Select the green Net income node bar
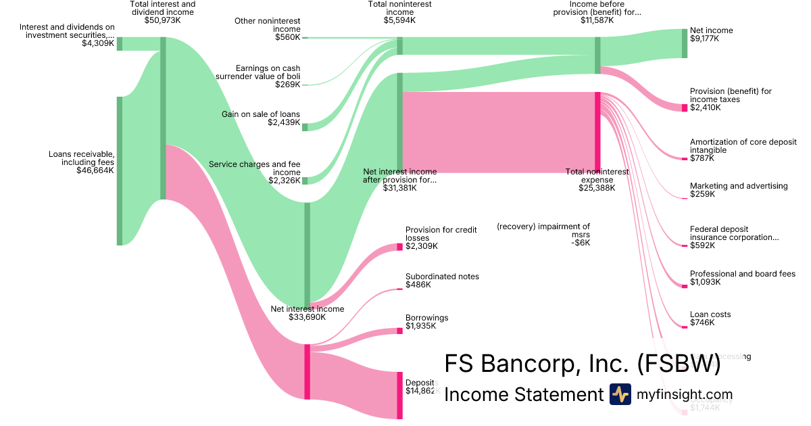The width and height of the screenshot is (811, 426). [684, 43]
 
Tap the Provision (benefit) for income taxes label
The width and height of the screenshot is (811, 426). [731, 95]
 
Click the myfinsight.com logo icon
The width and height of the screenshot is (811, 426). [620, 394]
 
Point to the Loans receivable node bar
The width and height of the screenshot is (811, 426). [120, 170]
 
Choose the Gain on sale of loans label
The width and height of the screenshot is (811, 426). [261, 114]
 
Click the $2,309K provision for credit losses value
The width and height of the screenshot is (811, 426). [421, 246]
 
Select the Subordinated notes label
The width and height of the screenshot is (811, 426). [442, 277]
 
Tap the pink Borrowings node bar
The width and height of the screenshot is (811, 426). [399, 331]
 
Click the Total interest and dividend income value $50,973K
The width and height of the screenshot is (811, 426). [162, 21]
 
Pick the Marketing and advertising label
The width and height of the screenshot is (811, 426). [739, 186]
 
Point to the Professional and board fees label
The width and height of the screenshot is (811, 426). [743, 274]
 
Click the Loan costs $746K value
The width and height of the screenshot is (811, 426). [702, 323]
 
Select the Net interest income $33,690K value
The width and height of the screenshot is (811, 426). [307, 317]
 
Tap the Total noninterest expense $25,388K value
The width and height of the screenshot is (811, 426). [597, 188]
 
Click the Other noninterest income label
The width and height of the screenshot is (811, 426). [268, 25]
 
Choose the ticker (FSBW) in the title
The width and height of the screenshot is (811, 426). [678, 364]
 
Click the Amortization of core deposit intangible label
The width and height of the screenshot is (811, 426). [743, 146]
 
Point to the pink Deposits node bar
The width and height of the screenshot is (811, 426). [399, 395]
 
